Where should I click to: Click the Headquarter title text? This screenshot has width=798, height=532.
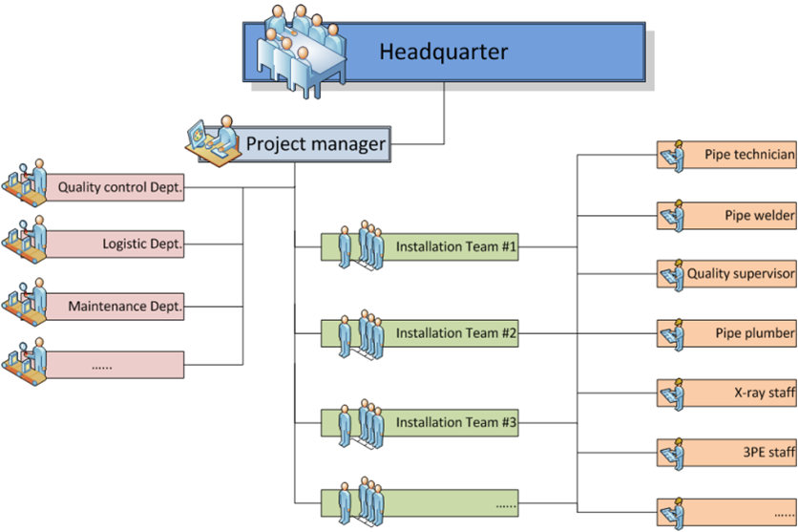coord(443,51)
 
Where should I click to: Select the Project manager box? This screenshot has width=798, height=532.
coord(315,144)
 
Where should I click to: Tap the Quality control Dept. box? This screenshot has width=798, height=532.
coord(119,187)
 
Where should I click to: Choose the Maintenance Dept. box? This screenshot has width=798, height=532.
coord(124,308)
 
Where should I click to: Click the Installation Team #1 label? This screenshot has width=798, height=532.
coord(455,246)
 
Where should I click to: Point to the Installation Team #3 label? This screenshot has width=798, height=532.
coord(455,421)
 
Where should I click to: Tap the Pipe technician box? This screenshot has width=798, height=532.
coord(748,154)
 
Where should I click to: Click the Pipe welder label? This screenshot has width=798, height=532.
coord(759,215)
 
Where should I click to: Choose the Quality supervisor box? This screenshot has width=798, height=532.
coord(740,274)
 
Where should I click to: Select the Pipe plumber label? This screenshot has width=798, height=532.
coord(754,333)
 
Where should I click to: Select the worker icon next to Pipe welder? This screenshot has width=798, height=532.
coord(673,215)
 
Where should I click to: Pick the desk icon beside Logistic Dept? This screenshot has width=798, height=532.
coord(26,240)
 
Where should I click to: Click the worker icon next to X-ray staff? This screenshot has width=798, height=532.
coord(673,393)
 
